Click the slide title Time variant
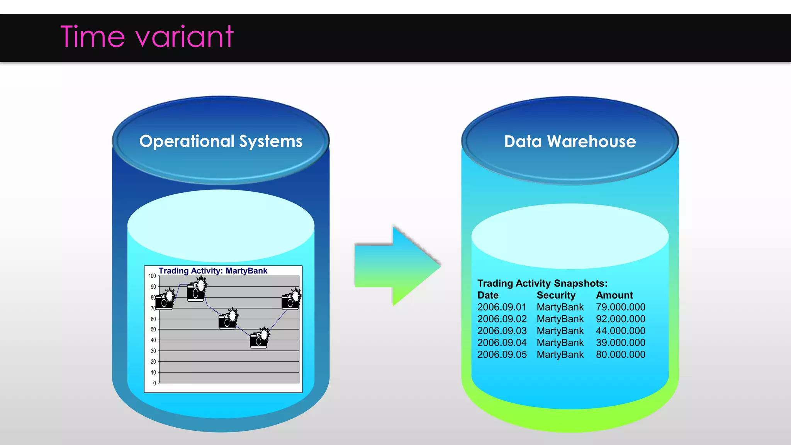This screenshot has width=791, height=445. pyautogui.click(x=147, y=37)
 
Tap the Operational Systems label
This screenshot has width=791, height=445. pyautogui.click(x=221, y=141)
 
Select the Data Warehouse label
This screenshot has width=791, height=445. pyautogui.click(x=570, y=142)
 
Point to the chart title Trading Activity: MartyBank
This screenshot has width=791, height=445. pyautogui.click(x=213, y=271)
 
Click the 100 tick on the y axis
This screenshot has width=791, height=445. pyautogui.click(x=152, y=276)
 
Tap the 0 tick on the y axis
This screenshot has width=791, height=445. pyautogui.click(x=154, y=383)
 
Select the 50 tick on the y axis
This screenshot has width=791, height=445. pyautogui.click(x=153, y=330)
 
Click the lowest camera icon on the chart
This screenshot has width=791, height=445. pyautogui.click(x=259, y=338)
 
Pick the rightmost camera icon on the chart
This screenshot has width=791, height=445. pyautogui.click(x=291, y=300)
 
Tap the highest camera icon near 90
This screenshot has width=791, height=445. pyautogui.click(x=196, y=291)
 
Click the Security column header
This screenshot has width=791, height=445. pyautogui.click(x=556, y=296)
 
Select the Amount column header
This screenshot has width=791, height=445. pyautogui.click(x=614, y=296)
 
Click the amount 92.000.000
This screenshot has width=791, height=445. pyautogui.click(x=620, y=319)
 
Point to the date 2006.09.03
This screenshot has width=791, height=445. pyautogui.click(x=502, y=331)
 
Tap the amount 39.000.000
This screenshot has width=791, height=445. pyautogui.click(x=620, y=343)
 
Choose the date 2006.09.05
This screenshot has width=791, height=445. pyautogui.click(x=502, y=355)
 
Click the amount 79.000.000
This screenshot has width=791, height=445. pyautogui.click(x=620, y=307)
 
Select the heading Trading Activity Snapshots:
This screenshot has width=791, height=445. pyautogui.click(x=542, y=283)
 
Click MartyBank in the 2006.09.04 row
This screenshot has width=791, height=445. pyautogui.click(x=560, y=343)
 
